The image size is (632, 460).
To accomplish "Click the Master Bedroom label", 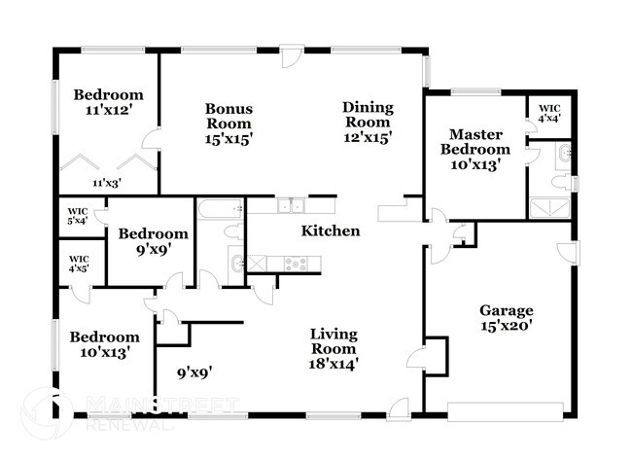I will point(474,150).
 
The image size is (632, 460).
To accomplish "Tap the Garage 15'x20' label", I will point(507,319).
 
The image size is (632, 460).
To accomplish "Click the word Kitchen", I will point(331,231).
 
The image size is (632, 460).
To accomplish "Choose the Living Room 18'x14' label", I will point(334,349).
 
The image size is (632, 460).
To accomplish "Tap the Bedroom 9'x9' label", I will point(153,241).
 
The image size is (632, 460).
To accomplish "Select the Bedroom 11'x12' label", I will point(108,102).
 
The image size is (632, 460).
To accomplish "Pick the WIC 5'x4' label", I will point(78,215).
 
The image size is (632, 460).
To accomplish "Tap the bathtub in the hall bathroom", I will point(221,207).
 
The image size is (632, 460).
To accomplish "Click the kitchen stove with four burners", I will point(298,262).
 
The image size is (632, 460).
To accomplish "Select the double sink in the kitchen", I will point(289,205).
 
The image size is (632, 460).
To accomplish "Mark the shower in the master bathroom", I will point(550,207).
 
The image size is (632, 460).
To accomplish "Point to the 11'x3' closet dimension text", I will point(106,183).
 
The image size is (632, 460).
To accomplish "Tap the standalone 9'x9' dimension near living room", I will point(194,371).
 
